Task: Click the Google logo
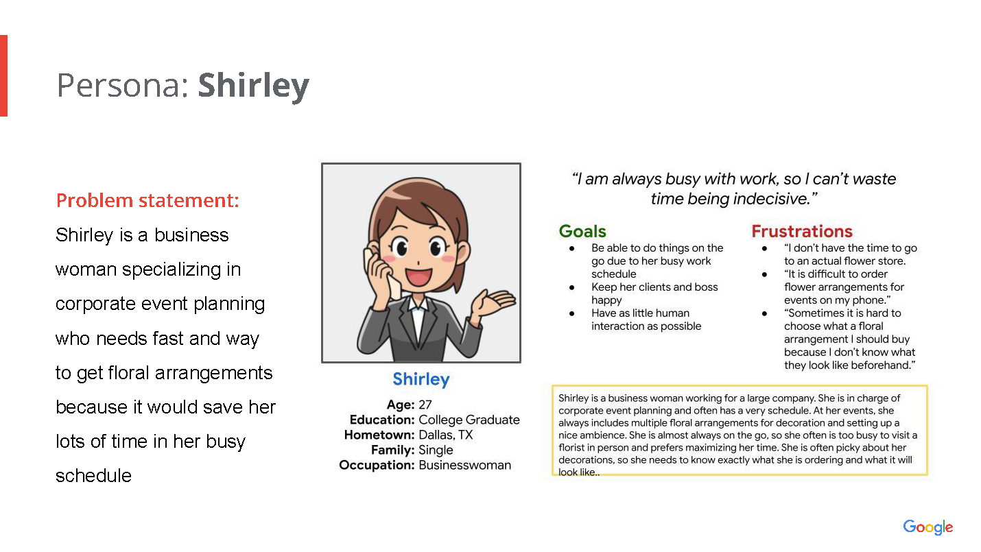(x=927, y=527)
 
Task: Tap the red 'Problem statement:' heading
(x=147, y=200)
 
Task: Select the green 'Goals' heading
(x=582, y=231)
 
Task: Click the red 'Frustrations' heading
(x=802, y=231)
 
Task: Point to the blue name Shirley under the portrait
(x=421, y=379)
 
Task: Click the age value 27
(x=425, y=405)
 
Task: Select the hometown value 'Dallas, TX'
(x=446, y=435)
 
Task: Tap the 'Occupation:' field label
(x=377, y=465)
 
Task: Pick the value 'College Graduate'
(x=469, y=420)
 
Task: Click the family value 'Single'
(x=436, y=450)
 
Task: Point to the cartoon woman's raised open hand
(x=493, y=303)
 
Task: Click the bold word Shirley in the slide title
(x=254, y=85)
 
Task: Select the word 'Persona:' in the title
(x=123, y=85)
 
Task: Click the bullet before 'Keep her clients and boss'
(x=571, y=287)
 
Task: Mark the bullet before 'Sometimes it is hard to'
(x=764, y=313)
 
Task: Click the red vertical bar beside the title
(x=3, y=75)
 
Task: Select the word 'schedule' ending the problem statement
(x=93, y=476)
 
